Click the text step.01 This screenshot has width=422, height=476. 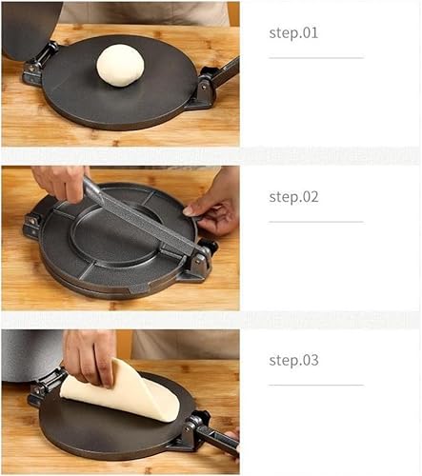click(293, 33)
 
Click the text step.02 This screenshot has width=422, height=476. click(293, 197)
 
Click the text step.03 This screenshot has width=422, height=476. click(293, 361)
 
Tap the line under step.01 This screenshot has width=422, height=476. click(315, 58)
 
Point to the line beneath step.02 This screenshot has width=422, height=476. click(315, 222)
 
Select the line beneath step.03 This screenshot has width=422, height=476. click(315, 386)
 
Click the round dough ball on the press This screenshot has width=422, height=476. click(120, 66)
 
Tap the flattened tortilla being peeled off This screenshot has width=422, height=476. click(121, 390)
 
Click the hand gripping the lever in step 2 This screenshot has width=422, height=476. click(62, 180)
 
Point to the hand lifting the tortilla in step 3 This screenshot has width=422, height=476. click(90, 355)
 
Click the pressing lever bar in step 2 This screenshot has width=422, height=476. click(143, 217)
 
